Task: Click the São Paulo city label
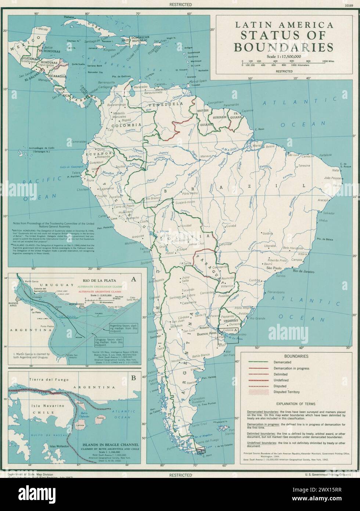point(272,269)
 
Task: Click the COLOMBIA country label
point(129,125)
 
